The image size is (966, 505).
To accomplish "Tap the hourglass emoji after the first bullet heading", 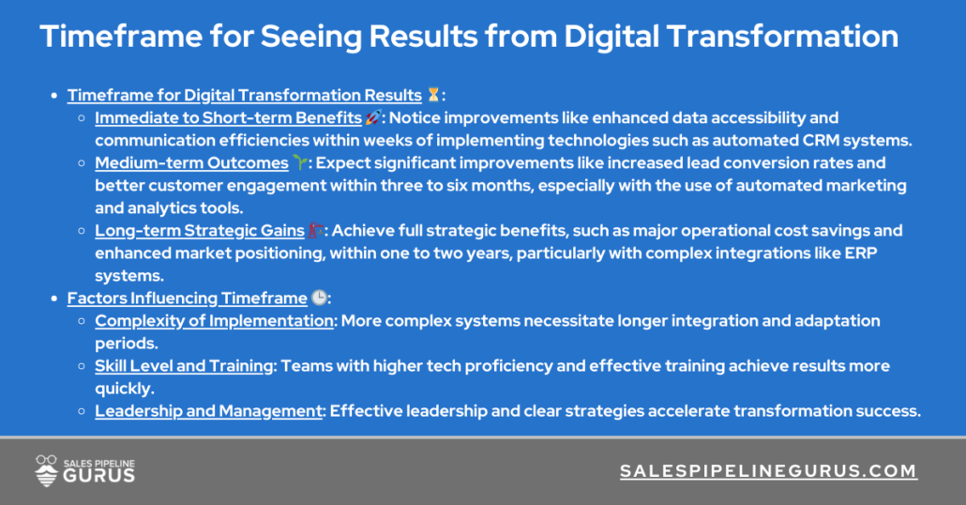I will (432, 95).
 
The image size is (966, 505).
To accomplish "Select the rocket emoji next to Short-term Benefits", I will (372, 118).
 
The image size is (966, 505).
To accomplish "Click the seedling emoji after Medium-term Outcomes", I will (299, 163).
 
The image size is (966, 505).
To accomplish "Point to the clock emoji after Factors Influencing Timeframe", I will (319, 298).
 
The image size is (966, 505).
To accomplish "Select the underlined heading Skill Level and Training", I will (184, 366).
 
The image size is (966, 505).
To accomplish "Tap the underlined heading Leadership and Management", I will (208, 411).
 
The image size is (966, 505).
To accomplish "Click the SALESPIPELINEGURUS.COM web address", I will (768, 471).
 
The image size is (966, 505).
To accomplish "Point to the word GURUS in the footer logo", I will (99, 476).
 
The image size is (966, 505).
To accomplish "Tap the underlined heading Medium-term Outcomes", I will (191, 163).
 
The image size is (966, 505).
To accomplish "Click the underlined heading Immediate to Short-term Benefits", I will (228, 118).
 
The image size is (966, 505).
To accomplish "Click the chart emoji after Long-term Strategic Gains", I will (317, 231).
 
